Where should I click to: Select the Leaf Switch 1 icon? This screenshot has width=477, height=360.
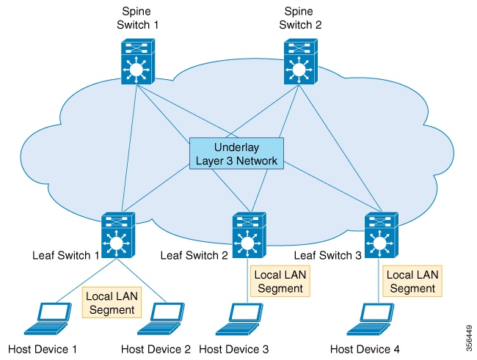(117, 235)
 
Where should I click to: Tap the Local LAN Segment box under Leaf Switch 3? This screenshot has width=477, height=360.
(412, 282)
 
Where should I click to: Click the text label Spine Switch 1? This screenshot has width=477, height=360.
(136, 18)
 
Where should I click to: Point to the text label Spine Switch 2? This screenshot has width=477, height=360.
(300, 18)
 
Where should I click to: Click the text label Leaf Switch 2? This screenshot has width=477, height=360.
(194, 255)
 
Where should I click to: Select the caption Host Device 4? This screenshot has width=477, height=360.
(365, 350)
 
